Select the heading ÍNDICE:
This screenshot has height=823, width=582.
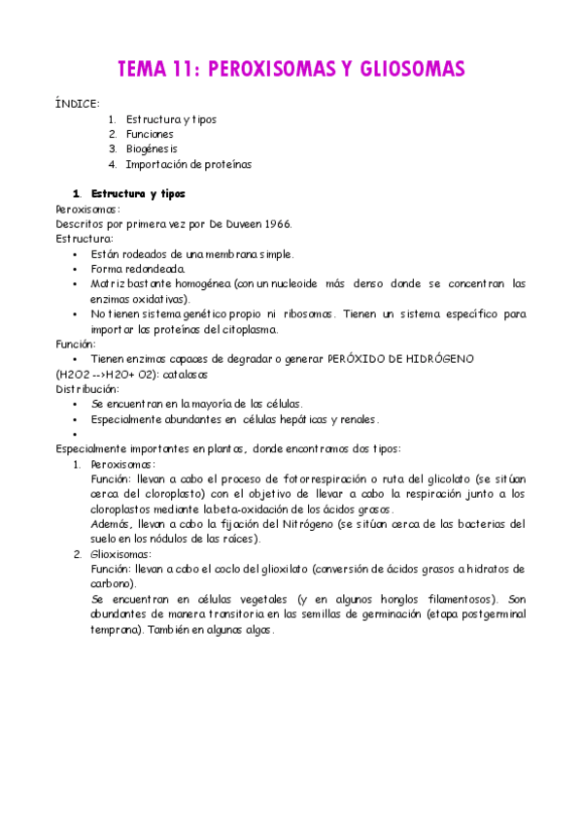(78, 102)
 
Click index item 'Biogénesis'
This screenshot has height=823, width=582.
(152, 149)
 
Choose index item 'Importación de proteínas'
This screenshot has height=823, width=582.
(188, 165)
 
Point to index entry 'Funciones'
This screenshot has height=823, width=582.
(150, 135)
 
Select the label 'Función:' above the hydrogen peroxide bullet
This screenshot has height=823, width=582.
(77, 344)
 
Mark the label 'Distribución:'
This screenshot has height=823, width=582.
(87, 388)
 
